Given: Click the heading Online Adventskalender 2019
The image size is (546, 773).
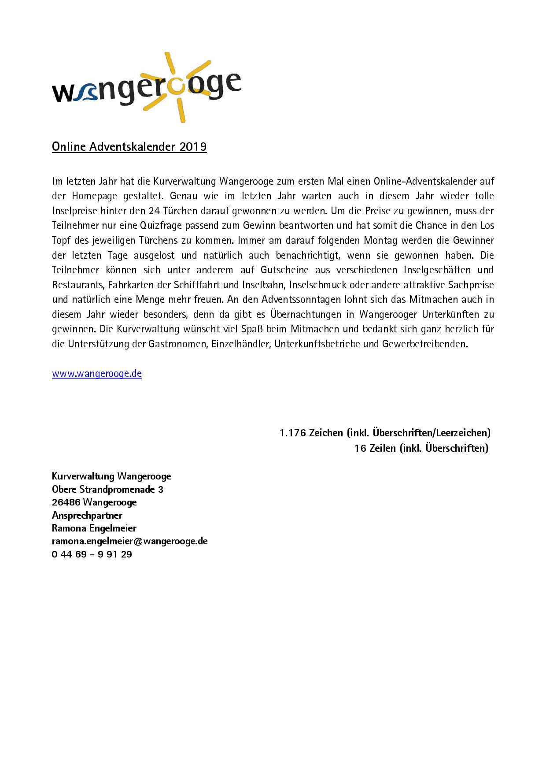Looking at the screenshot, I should coord(129,147).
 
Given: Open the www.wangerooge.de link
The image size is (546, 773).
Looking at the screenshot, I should coord(97,374).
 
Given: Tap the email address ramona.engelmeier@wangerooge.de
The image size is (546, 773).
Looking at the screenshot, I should coord(129,541).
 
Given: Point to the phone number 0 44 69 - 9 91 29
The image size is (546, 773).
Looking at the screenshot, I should coord(92,554).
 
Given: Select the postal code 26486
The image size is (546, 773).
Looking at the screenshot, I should coord(66,502).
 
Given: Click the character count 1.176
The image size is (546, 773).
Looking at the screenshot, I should coord(292,433).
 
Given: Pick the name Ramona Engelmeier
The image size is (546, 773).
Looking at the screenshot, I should coord(94,528).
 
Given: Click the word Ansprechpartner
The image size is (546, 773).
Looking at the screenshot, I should coord(87,515).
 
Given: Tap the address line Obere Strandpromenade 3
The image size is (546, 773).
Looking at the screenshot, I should coord(107,489).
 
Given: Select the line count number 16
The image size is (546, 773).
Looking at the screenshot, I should coord(360,448).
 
